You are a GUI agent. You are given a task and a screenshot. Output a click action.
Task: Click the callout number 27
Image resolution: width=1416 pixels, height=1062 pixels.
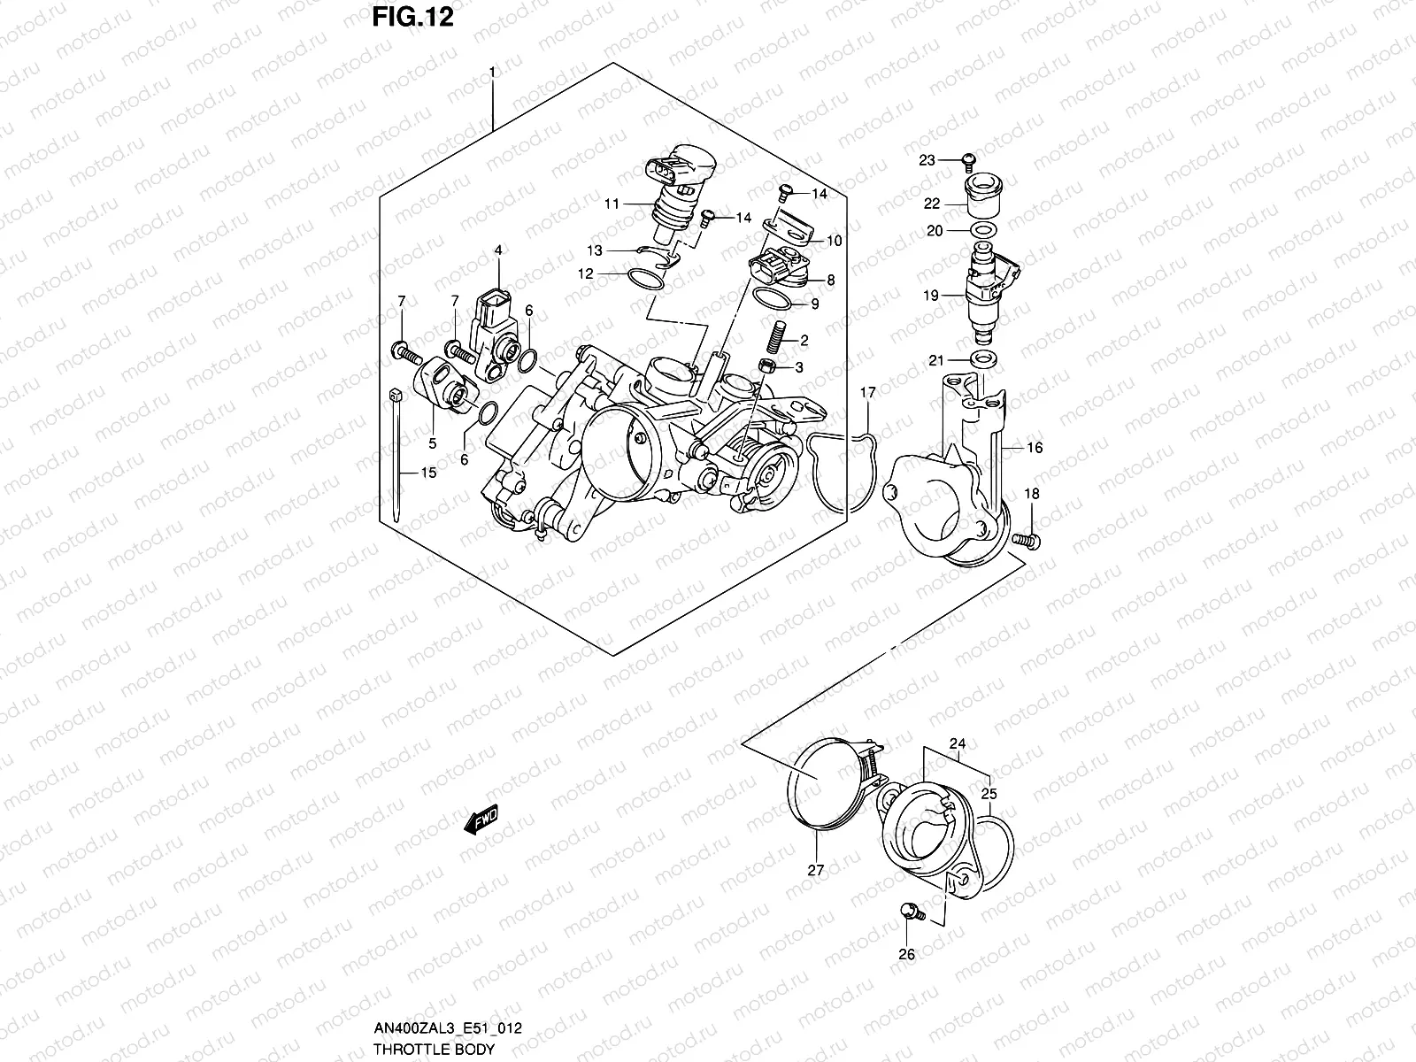point(815,870)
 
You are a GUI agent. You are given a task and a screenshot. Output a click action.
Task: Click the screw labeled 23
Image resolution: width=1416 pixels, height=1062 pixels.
point(967,160)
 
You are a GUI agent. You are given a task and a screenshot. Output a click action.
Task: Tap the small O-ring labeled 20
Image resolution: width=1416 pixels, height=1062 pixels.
point(981,230)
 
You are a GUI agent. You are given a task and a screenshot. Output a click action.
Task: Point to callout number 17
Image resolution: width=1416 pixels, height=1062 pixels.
point(867,392)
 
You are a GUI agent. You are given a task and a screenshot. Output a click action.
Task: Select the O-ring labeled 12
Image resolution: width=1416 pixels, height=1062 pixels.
point(645,279)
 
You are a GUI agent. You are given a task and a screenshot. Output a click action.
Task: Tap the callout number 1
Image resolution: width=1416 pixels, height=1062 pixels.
point(493,70)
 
